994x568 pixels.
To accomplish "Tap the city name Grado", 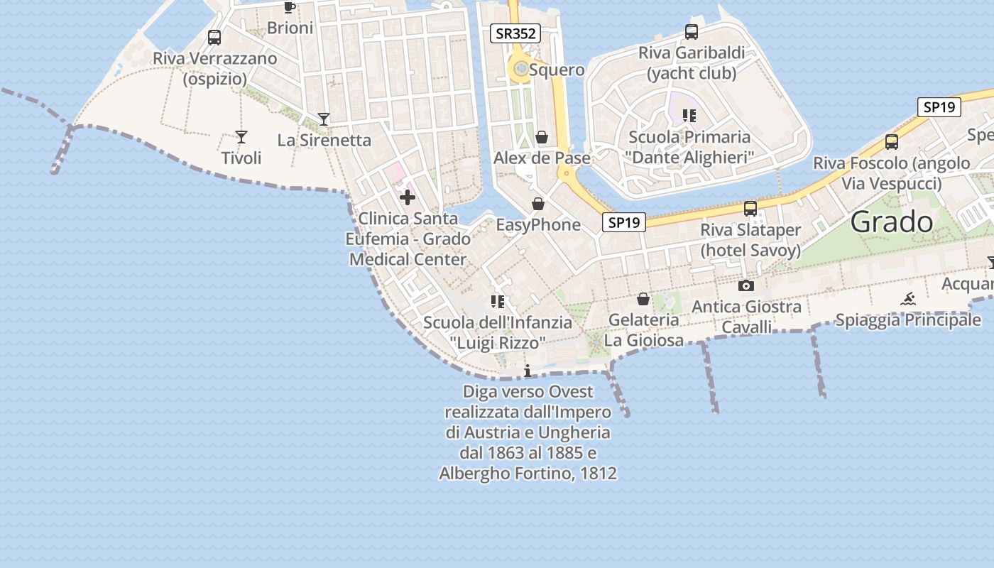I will click(x=892, y=223).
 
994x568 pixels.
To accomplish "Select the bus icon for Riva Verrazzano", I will click(x=214, y=38).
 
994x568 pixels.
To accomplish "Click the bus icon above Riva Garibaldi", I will click(x=692, y=32).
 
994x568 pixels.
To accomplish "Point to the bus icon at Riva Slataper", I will click(x=750, y=209).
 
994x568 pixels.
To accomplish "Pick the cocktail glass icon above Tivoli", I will click(x=241, y=137).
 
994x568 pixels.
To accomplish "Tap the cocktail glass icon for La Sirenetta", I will click(x=324, y=119).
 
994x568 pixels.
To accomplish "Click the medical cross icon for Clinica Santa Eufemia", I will click(x=408, y=197).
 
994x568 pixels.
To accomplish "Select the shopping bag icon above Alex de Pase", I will click(x=542, y=137).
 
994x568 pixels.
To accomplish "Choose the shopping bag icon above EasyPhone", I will click(x=538, y=204).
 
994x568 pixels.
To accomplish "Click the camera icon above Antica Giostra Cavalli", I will click(x=745, y=285).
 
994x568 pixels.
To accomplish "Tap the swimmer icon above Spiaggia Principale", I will click(x=907, y=299).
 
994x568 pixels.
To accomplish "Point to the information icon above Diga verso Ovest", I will click(x=527, y=371).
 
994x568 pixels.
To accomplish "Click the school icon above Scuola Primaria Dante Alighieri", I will click(x=689, y=115).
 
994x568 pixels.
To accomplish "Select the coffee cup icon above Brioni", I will click(x=289, y=8).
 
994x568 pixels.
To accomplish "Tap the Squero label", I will click(x=557, y=70).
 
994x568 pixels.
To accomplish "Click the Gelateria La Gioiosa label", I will click(x=644, y=330).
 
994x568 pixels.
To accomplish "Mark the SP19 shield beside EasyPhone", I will click(x=625, y=222).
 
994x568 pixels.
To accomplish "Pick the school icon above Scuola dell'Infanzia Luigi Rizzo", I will click(x=497, y=302).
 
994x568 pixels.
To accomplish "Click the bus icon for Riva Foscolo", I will click(x=892, y=142).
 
